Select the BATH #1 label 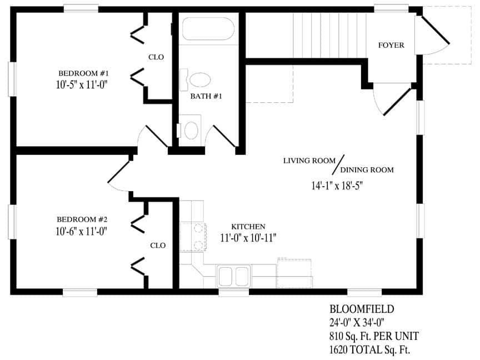(206, 96)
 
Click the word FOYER (391, 45)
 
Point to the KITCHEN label (248, 227)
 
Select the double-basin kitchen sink (233, 275)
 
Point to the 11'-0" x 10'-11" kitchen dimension (248, 237)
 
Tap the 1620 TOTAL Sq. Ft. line (369, 349)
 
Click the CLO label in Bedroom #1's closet (156, 57)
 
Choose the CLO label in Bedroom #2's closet (158, 244)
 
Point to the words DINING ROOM (367, 169)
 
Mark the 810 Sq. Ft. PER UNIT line (374, 336)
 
